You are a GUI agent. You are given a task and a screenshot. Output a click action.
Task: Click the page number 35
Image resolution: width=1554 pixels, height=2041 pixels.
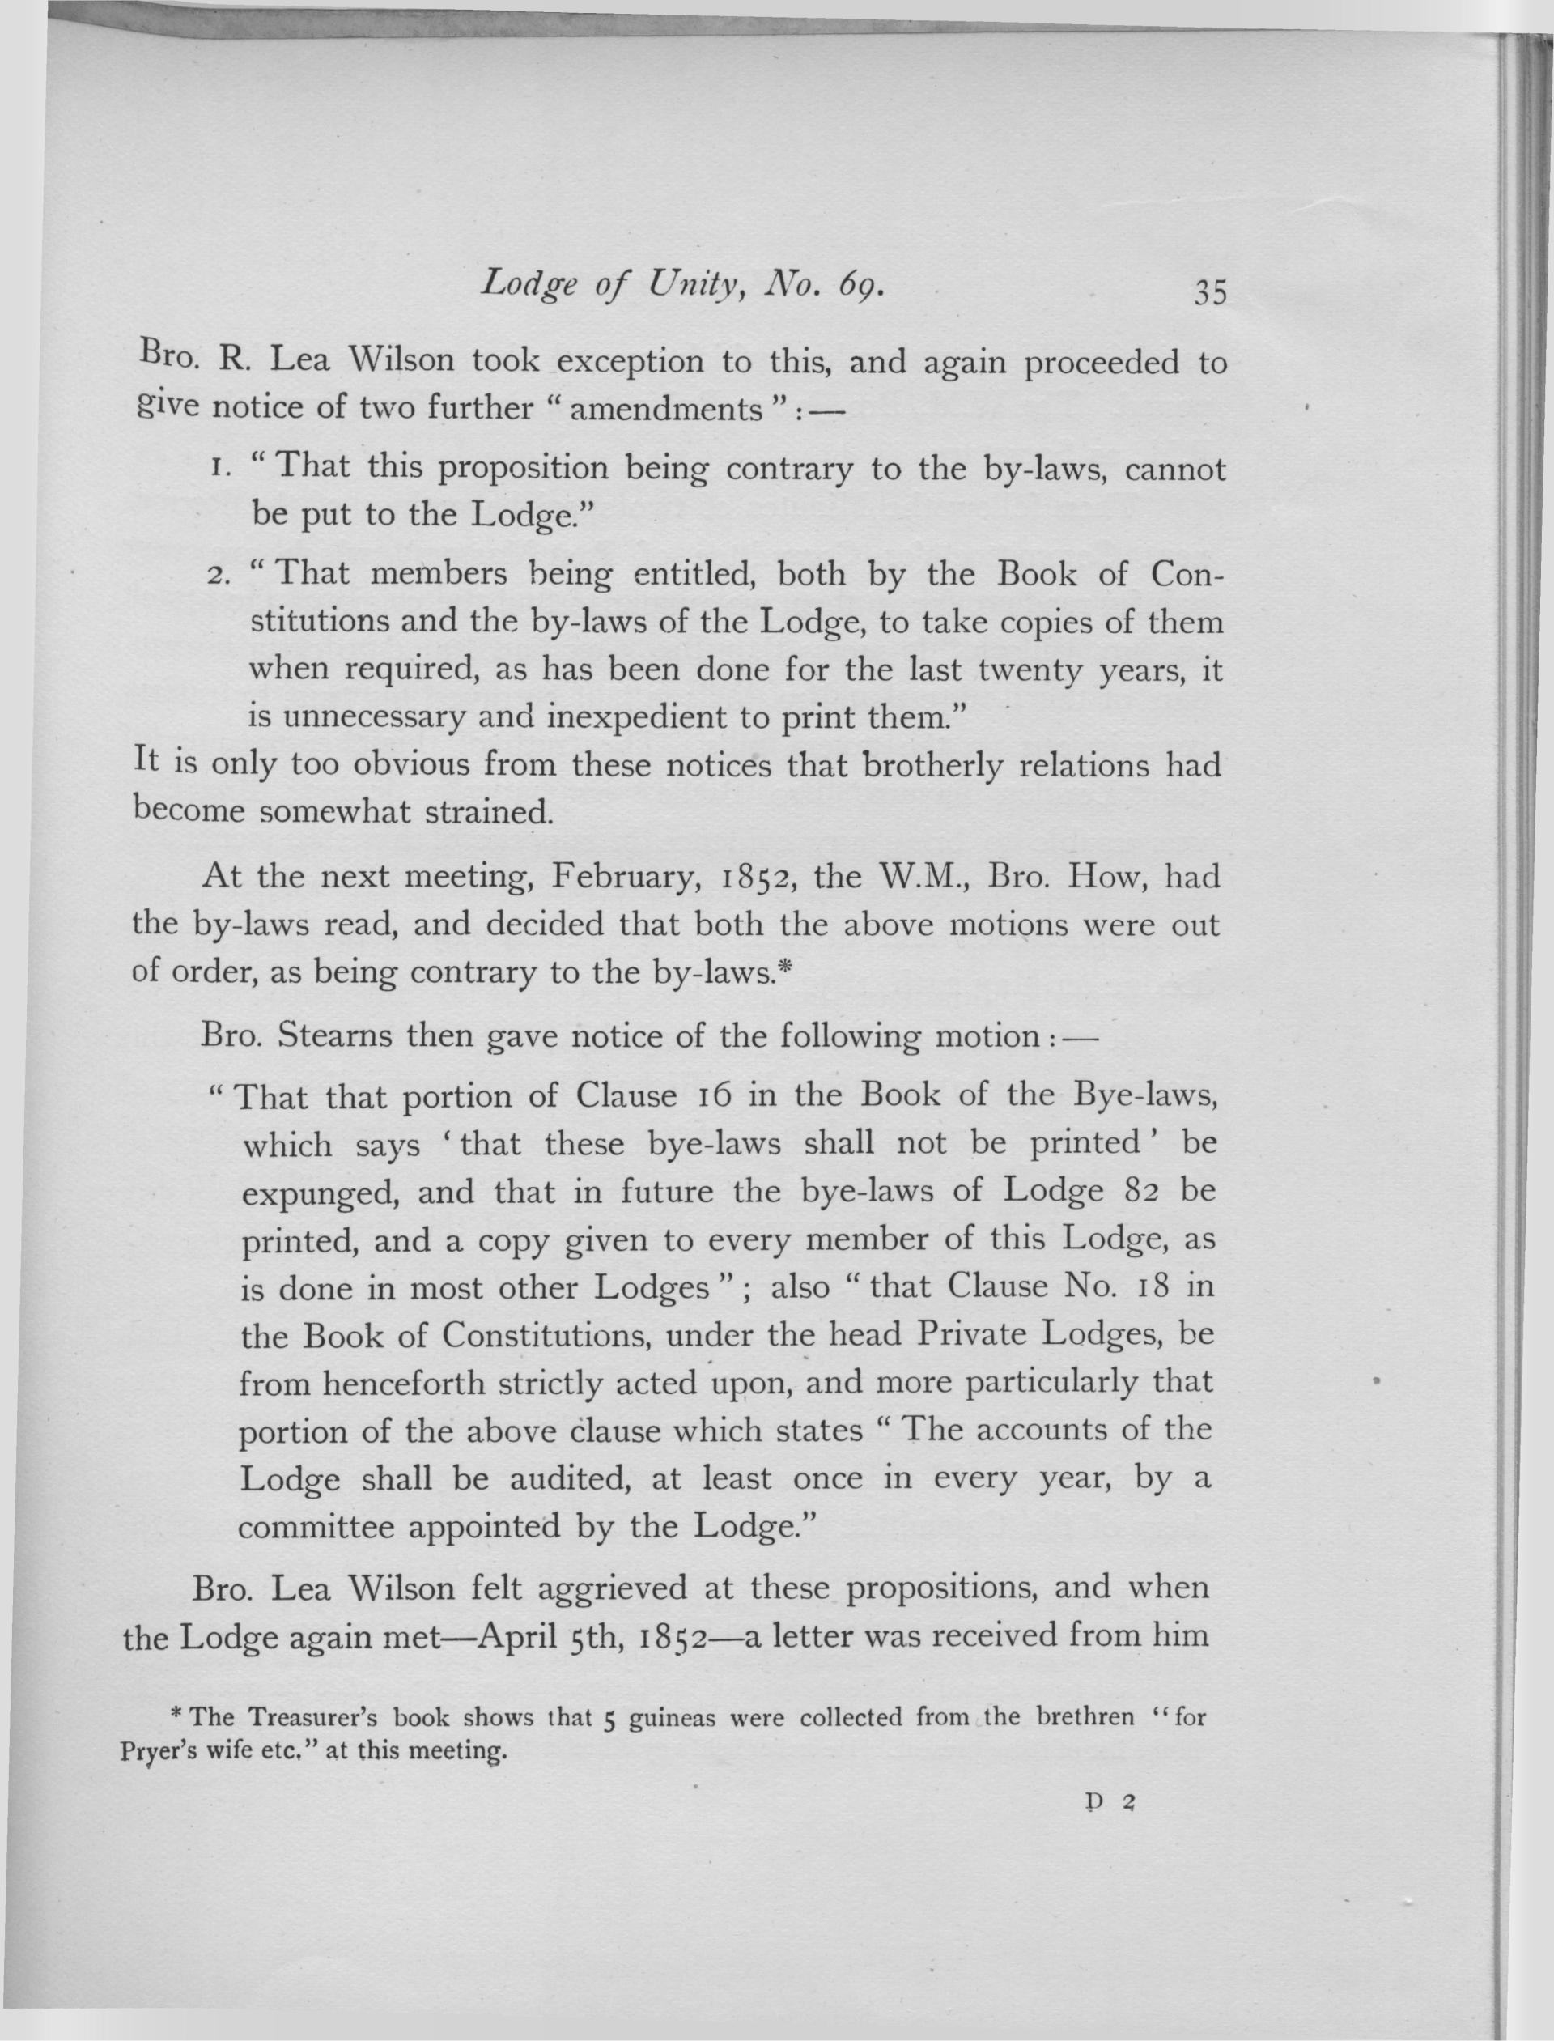pos(1210,292)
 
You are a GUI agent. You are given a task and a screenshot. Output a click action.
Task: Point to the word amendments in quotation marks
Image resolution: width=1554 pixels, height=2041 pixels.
pos(664,408)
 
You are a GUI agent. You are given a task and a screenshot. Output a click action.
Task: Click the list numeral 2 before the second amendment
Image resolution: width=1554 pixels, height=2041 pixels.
pos(219,577)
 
